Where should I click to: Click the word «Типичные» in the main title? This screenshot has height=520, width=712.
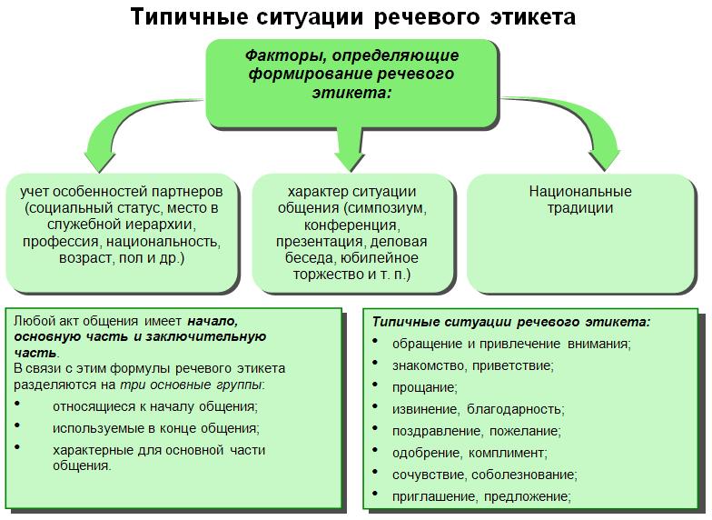coord(189,17)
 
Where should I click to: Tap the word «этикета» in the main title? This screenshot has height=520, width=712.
coord(533,17)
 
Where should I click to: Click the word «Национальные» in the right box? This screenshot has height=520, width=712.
coord(579,191)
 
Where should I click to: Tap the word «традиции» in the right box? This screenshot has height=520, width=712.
coord(579,207)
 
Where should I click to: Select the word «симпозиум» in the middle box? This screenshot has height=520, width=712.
coord(385,208)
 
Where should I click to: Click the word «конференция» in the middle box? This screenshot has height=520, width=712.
coord(351,225)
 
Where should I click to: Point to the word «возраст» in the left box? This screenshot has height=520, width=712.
coord(86,258)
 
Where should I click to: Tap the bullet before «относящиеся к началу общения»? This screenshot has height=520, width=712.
coord(18,404)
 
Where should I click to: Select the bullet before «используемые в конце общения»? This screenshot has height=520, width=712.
coord(18,425)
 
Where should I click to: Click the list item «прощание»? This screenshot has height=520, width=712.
coord(425,387)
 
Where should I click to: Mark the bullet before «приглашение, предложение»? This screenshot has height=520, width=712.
coord(375,493)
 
